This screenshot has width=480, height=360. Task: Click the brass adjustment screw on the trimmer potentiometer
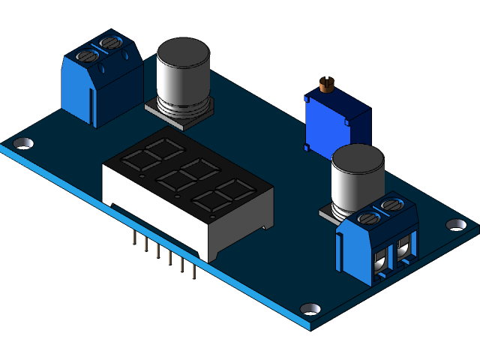[325, 84]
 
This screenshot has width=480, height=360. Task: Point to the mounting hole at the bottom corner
[310, 308]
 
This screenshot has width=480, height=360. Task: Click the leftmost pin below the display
[133, 238]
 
